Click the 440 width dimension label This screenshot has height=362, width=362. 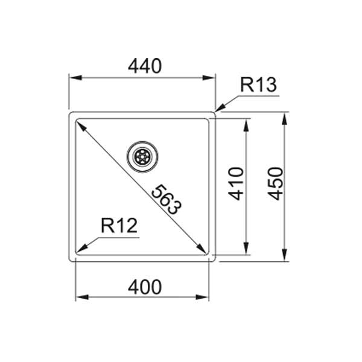click(144, 66)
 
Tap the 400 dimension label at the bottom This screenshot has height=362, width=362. click(144, 287)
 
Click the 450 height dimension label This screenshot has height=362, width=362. click(275, 184)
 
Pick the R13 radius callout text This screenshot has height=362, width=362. click(258, 85)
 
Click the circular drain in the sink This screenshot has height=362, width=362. click(143, 156)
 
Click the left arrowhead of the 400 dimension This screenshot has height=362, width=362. click(79, 297)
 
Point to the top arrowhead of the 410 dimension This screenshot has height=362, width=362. click(246, 123)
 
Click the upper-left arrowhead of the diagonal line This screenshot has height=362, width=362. click(79, 123)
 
